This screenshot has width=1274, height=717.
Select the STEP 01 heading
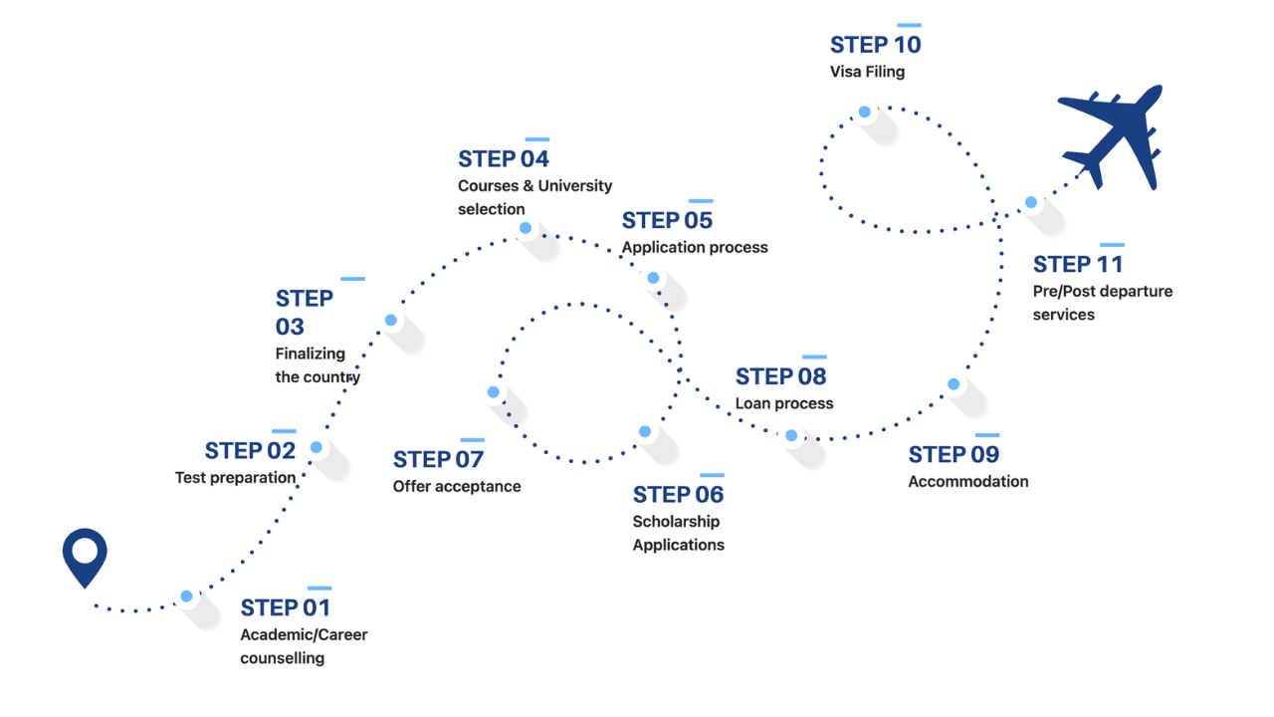285,607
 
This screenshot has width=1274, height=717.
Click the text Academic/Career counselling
304,646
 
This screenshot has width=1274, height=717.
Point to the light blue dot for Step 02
317,447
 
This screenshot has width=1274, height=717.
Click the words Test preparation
235,478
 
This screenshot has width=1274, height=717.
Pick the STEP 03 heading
304,312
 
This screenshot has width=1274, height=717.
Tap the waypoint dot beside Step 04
526,228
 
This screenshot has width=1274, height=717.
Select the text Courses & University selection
534,197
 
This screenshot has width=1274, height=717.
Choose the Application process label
695,247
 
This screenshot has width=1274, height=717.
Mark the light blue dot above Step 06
645,431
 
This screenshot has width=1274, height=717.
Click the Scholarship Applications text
678,533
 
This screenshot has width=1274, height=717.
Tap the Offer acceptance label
457,486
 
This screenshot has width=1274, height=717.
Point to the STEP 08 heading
780,376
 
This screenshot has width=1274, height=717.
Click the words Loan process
784,403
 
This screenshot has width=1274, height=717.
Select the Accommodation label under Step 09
967,481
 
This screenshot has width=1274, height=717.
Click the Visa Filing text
867,72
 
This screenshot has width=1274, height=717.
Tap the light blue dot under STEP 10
865,112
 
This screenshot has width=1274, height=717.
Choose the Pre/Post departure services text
1088,303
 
